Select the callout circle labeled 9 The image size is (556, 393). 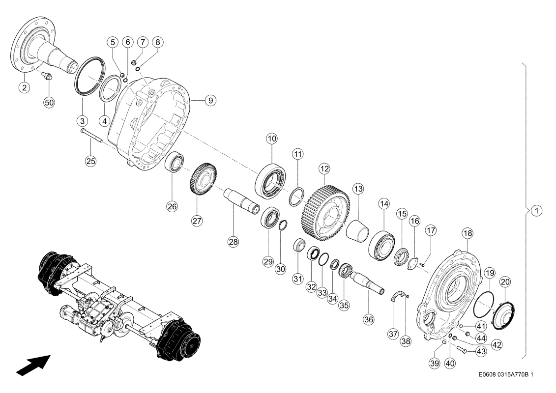click(210, 100)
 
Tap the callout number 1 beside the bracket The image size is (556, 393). click(537, 210)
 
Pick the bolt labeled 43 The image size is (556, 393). click(463, 349)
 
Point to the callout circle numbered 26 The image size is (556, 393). click(172, 206)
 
